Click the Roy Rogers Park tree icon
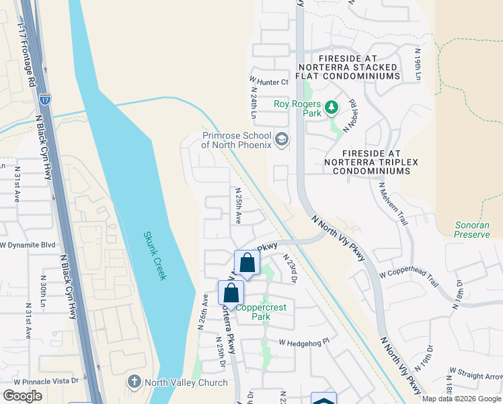pyautogui.click(x=331, y=107)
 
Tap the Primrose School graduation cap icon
pyautogui.click(x=282, y=140)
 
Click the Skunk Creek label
pyautogui.click(x=155, y=256)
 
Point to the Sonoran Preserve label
pyautogui.click(x=471, y=230)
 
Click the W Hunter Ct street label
pyautogui.click(x=269, y=82)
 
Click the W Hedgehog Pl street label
pyautogui.click(x=301, y=343)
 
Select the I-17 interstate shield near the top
pyautogui.click(x=44, y=99)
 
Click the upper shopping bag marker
pyautogui.click(x=247, y=263)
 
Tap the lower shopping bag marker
pyautogui.click(x=231, y=294)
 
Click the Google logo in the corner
pyautogui.click(x=22, y=396)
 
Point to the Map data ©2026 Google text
pyautogui.click(x=462, y=399)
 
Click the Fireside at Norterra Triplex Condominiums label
pyautogui.click(x=366, y=162)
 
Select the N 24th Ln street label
pyautogui.click(x=255, y=102)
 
